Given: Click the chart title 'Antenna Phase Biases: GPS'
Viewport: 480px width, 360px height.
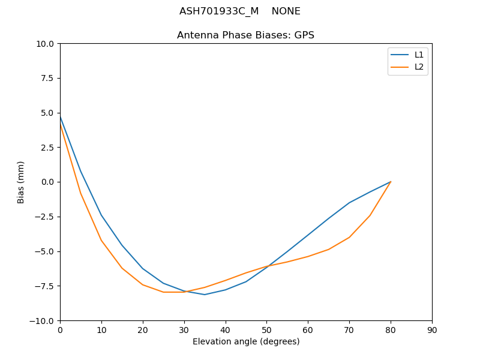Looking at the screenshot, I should click(x=245, y=35).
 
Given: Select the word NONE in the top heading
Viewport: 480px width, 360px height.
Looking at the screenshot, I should click(x=286, y=11).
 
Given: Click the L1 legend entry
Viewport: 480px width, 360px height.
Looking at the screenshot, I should click(x=419, y=55).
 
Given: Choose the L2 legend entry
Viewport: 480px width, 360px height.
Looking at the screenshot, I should click(x=419, y=67).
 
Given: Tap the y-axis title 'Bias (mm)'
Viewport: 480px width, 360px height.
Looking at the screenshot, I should click(x=21, y=182).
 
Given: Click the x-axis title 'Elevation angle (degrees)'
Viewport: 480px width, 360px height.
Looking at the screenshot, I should click(x=245, y=341).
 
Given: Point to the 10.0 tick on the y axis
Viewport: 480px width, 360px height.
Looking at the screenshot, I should click(x=46, y=44).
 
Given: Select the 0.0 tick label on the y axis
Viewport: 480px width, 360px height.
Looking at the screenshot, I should click(x=48, y=182).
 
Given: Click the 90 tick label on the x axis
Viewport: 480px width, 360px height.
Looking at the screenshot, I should click(x=431, y=330).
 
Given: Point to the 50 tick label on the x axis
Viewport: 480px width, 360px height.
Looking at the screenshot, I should click(x=266, y=330).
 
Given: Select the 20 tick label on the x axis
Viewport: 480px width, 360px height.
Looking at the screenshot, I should click(x=142, y=330).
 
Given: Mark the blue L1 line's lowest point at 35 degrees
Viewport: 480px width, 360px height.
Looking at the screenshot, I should click(x=205, y=295).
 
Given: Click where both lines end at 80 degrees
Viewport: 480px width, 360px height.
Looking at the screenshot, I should click(x=391, y=182).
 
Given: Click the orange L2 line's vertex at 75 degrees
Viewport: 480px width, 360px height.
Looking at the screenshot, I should click(x=370, y=215).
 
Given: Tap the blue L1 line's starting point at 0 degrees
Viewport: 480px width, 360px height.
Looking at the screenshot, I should click(x=60, y=116).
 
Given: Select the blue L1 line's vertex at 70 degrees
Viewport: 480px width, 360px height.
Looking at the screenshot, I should click(x=349, y=203).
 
